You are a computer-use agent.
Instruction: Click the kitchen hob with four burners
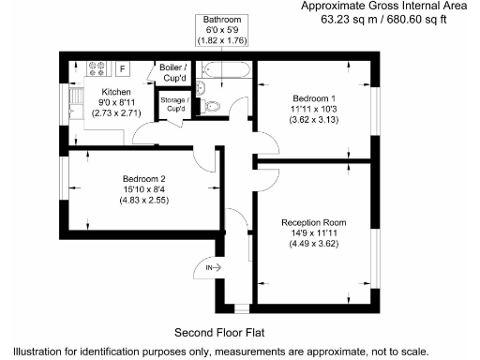click(97, 68)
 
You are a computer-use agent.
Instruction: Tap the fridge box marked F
click(121, 68)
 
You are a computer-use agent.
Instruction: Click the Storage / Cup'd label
click(174, 104)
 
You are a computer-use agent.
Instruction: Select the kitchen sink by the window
click(73, 101)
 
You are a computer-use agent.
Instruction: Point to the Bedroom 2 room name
click(144, 179)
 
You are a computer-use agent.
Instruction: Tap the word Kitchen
click(117, 92)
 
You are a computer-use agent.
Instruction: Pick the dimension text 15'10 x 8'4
click(144, 190)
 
